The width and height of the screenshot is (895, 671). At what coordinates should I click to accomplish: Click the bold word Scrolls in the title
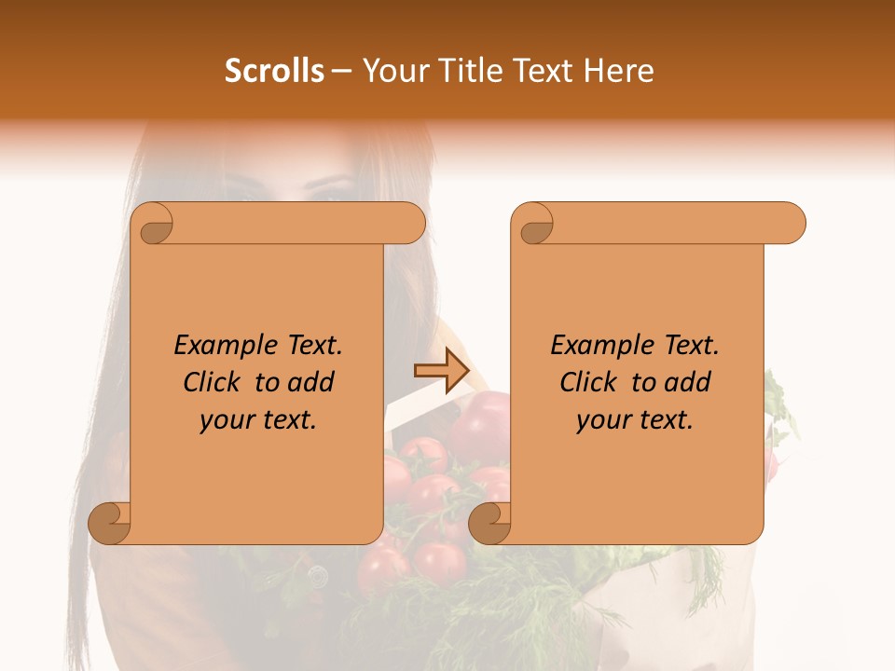pyautogui.click(x=275, y=71)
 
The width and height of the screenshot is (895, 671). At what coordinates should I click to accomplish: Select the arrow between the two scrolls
pyautogui.click(x=441, y=371)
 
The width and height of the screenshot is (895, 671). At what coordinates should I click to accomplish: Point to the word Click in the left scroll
pyautogui.click(x=211, y=382)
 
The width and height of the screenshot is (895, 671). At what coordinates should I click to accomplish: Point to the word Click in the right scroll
pyautogui.click(x=587, y=382)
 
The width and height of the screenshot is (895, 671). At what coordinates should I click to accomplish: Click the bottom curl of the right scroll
pyautogui.click(x=490, y=523)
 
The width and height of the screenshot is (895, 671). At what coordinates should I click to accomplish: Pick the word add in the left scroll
pyautogui.click(x=312, y=382)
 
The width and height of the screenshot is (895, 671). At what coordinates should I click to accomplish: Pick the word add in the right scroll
pyautogui.click(x=689, y=382)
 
